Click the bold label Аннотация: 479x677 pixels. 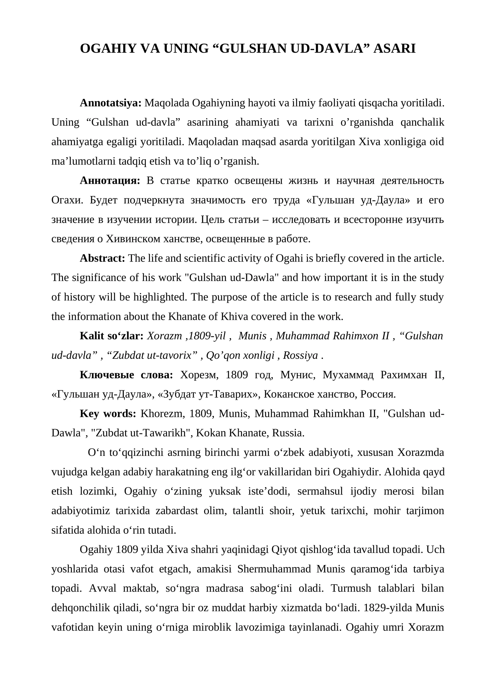(110, 180)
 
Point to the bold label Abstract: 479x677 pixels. (102, 258)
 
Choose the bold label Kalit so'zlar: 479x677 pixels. (111, 336)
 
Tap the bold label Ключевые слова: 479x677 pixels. (126, 375)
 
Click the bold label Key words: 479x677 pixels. (108, 414)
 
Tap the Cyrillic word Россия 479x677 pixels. (378, 394)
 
